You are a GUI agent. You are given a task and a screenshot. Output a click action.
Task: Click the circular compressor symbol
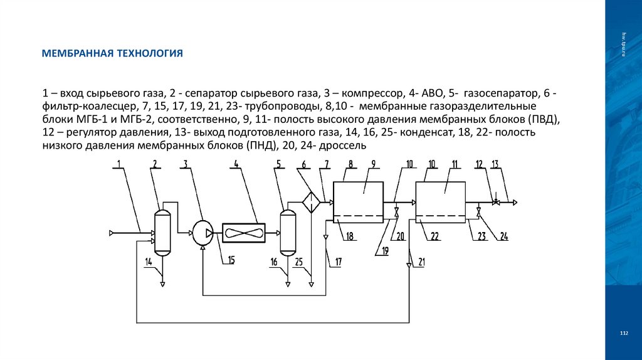tap(203, 233)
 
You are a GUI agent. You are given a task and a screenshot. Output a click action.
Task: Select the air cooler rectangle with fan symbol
tap(244, 233)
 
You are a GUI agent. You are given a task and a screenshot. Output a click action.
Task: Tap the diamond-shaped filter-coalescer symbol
tap(311, 203)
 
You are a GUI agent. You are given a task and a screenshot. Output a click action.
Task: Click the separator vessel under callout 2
tap(162, 233)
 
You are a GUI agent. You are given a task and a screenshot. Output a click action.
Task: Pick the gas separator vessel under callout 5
tap(288, 233)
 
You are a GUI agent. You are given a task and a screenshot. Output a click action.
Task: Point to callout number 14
tap(149, 262)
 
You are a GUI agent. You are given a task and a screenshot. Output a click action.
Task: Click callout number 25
tap(299, 262)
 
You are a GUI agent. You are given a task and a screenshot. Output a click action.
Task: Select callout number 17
tap(338, 262)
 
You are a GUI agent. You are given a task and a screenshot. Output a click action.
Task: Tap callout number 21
tap(421, 262)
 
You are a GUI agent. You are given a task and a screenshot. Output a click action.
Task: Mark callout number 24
tap(504, 236)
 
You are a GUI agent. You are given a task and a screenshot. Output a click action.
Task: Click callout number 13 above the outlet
tap(495, 164)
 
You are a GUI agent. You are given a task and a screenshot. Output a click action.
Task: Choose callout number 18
tap(350, 236)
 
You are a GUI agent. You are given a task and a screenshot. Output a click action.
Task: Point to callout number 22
tap(435, 236)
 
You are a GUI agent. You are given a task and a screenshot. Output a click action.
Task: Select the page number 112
tap(624, 333)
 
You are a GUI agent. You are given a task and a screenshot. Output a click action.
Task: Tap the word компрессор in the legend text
tap(372, 94)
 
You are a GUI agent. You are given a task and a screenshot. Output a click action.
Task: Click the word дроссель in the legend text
tap(343, 146)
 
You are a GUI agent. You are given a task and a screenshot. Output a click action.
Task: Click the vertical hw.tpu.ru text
tap(624, 45)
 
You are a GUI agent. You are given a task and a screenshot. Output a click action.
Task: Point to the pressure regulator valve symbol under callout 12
tap(496, 202)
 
